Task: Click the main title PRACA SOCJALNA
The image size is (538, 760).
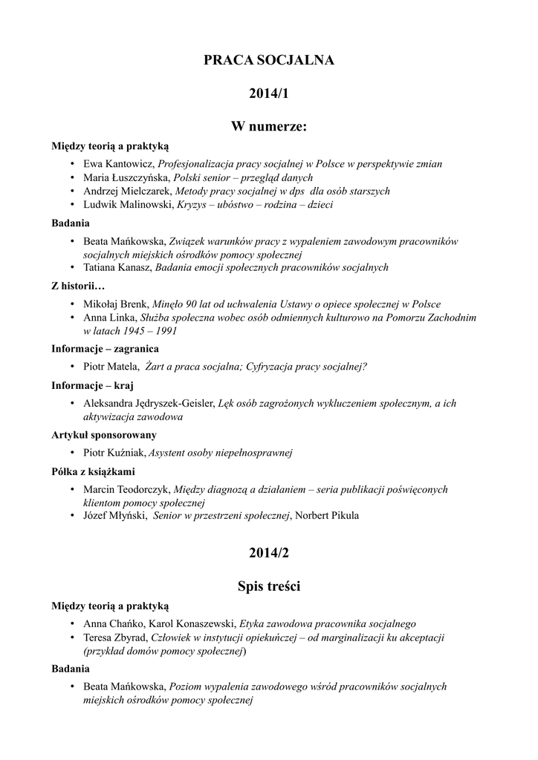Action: [269, 61]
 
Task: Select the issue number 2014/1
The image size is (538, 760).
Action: [269, 94]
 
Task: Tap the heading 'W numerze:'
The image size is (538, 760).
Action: [269, 128]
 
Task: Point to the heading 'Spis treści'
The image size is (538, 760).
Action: [269, 586]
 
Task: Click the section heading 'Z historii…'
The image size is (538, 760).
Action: [78, 286]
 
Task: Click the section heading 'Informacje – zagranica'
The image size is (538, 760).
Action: [105, 349]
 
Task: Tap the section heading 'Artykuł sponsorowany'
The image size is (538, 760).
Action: [103, 435]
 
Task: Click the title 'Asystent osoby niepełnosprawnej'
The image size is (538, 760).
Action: [221, 453]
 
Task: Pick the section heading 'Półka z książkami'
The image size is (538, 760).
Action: [93, 471]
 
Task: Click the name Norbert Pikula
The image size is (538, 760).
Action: [327, 516]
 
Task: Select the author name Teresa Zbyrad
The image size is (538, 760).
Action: [115, 637]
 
